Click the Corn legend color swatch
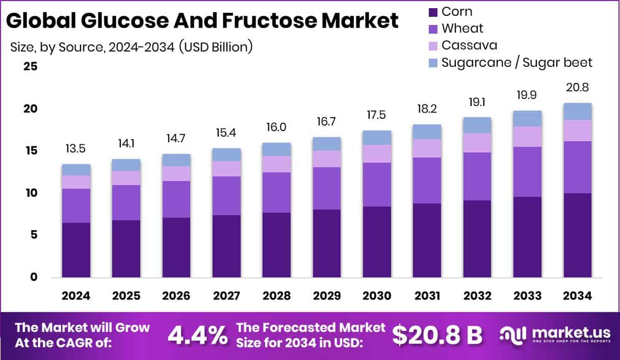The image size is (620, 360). tap(433, 12)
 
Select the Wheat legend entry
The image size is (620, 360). tap(462, 29)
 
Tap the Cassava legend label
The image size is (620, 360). tap(469, 45)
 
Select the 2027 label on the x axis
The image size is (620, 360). tap(226, 296)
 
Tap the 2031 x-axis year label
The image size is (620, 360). tap(427, 296)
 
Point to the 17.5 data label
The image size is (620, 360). tap(377, 115)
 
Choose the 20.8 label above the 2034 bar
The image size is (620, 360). tap(578, 87)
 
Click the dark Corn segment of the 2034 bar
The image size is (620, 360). tap(578, 235)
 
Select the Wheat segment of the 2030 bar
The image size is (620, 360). tap(377, 185)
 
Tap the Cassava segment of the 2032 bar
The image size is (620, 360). tap(477, 143)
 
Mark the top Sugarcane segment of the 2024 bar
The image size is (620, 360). tap(76, 170)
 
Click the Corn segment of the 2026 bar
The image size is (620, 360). tap(176, 247)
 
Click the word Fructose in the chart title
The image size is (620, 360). tap(240, 21)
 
